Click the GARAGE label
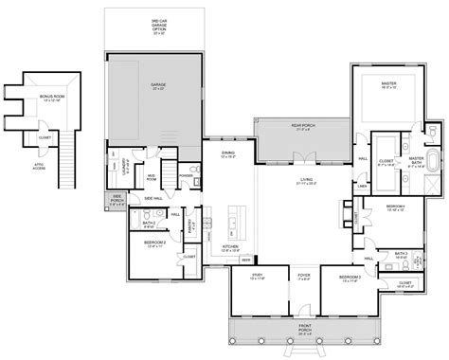coord(158,85)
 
